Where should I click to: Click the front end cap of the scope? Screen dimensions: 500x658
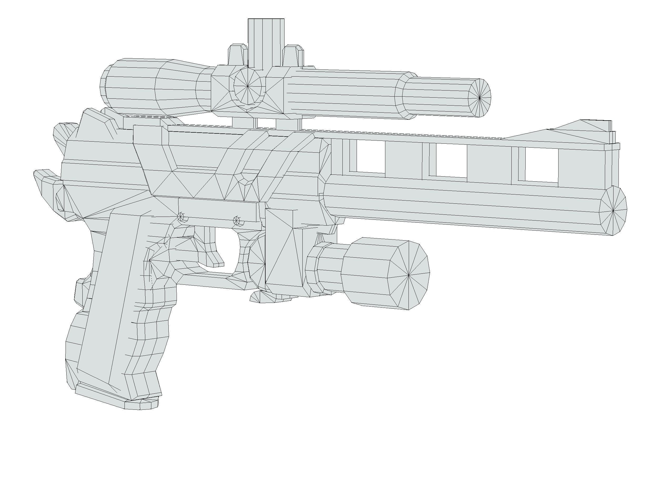[479, 98]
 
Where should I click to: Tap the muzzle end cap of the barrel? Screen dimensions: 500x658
[613, 211]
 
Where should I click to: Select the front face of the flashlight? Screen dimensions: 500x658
[409, 275]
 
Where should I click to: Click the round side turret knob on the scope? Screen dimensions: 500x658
[248, 86]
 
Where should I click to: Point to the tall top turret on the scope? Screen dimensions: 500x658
[266, 42]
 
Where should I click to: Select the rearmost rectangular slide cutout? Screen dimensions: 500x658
[371, 156]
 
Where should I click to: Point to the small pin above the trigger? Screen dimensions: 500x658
[237, 221]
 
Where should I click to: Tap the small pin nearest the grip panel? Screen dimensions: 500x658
[181, 216]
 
